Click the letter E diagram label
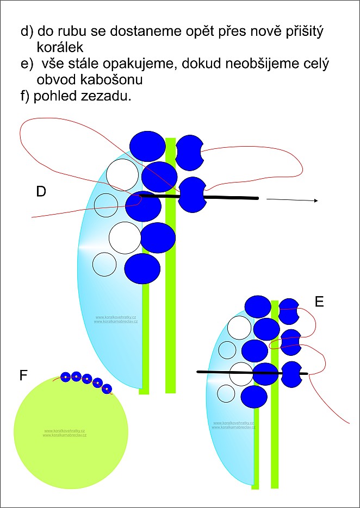319,302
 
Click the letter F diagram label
23,375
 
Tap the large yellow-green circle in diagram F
71,432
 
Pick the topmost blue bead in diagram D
147,146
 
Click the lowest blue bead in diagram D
142,268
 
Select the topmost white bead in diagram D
122,173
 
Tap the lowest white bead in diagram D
104,265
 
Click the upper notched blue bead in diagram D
190,148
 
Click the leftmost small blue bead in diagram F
66,376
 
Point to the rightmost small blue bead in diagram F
107,388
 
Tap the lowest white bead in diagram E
226,392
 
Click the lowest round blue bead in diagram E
254,397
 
